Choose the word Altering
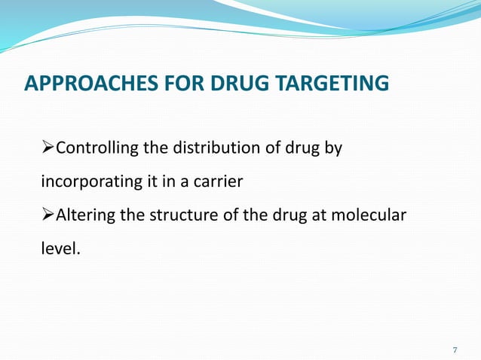click(x=84, y=215)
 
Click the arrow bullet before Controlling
click(x=47, y=148)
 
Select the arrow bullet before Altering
click(x=47, y=215)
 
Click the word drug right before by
click(x=302, y=148)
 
